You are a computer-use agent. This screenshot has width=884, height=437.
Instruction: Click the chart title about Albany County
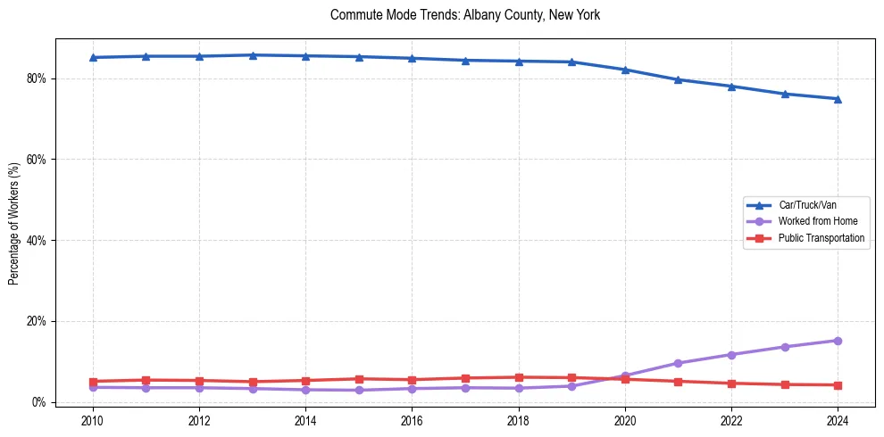[x=464, y=15]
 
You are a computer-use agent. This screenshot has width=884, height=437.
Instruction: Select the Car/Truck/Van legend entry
[x=807, y=205]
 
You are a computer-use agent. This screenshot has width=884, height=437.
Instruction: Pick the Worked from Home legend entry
[x=818, y=221]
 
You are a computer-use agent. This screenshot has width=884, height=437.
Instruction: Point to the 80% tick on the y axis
[x=38, y=78]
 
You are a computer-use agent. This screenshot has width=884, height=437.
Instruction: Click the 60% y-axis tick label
[x=38, y=160]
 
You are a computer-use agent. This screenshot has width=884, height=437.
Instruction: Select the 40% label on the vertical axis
[x=38, y=241]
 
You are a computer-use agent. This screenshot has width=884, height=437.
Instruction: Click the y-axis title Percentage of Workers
[x=14, y=223]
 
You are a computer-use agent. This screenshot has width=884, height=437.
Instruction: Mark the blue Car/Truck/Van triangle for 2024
[x=838, y=99]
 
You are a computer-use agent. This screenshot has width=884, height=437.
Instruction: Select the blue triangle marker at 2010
[x=92, y=57]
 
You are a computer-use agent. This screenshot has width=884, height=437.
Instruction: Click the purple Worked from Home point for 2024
[x=838, y=341]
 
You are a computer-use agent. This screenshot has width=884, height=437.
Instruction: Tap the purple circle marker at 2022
[x=731, y=355]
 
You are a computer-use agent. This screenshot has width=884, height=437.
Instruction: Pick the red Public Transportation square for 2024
[x=838, y=385]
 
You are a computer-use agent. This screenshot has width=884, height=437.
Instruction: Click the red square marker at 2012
[x=199, y=381]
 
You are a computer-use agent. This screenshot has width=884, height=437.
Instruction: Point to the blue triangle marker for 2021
[x=678, y=79]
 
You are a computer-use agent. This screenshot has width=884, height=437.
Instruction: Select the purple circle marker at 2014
[x=305, y=390]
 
